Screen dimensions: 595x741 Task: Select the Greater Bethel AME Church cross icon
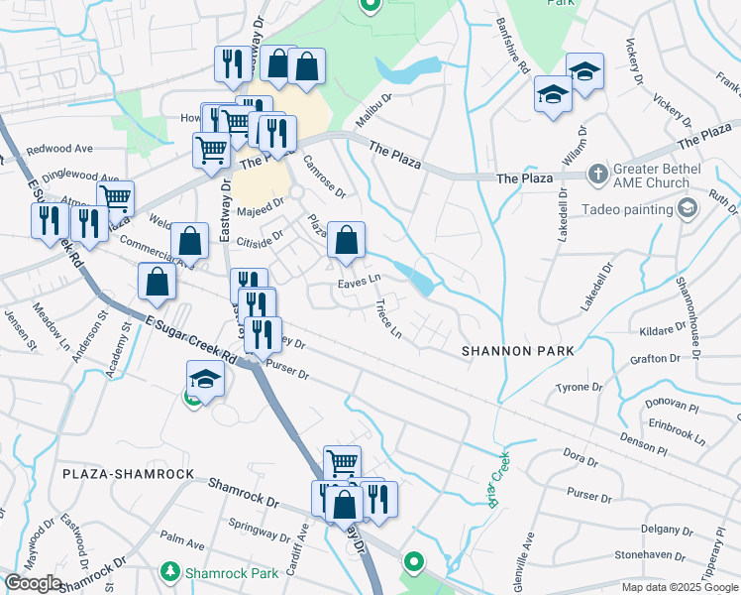click(x=596, y=176)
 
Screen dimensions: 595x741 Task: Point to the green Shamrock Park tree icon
click(x=170, y=572)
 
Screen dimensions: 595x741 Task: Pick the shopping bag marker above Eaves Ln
click(x=346, y=241)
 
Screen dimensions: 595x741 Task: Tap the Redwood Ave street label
click(x=59, y=149)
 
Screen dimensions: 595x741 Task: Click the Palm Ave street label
click(x=182, y=544)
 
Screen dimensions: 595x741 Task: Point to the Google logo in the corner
click(x=33, y=583)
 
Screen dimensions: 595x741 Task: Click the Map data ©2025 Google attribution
click(x=680, y=587)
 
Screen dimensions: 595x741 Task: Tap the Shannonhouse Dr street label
click(x=691, y=302)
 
